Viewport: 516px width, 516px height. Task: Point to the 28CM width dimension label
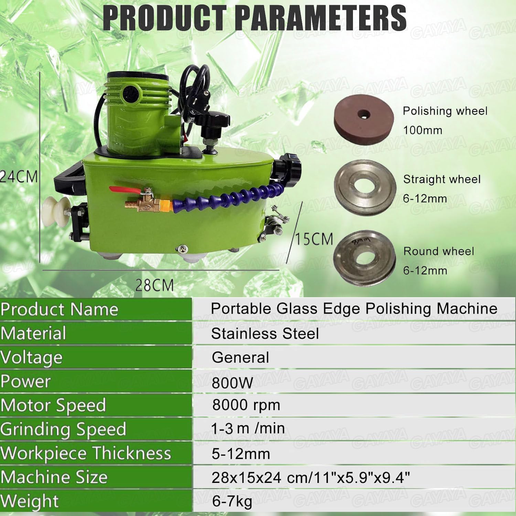tap(154, 285)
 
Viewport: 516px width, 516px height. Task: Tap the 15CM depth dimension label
tap(314, 239)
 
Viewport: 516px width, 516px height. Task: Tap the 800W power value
tap(232, 383)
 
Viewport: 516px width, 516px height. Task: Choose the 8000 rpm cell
tap(246, 405)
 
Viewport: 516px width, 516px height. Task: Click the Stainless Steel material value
tap(265, 334)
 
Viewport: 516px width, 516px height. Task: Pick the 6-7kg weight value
tap(232, 501)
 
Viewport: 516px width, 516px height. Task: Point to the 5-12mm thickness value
tap(241, 454)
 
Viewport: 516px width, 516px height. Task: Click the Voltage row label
tap(32, 357)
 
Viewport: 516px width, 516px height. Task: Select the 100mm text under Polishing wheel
tap(423, 130)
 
